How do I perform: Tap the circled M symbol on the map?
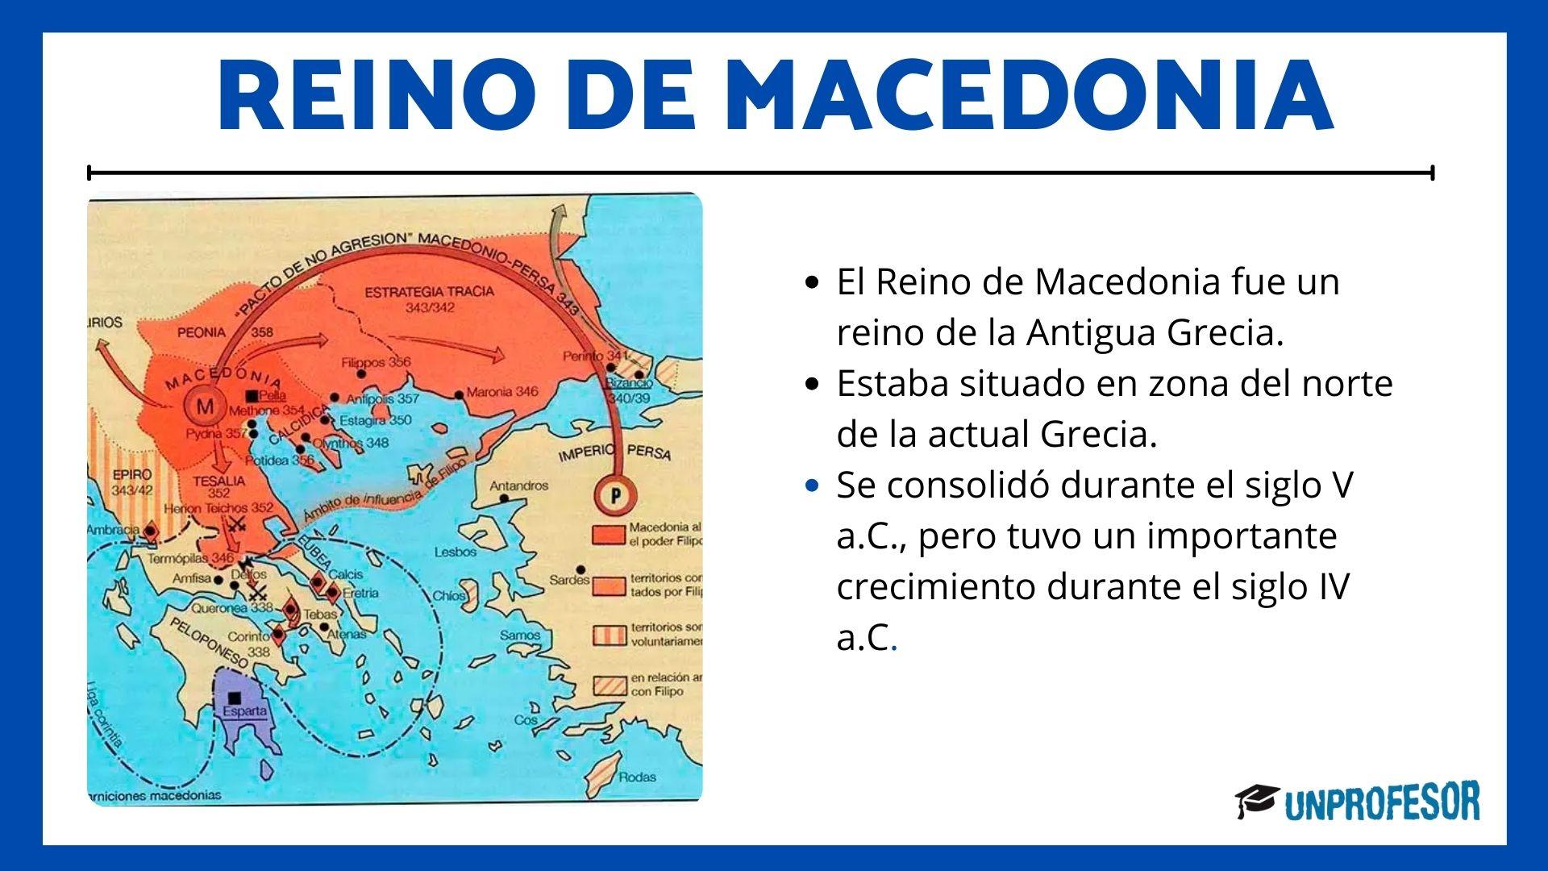(205, 406)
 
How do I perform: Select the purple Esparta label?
(244, 712)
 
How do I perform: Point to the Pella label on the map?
(273, 397)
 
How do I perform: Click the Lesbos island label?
(456, 552)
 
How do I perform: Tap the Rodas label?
(637, 777)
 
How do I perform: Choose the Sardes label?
(570, 579)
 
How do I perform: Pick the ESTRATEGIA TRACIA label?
(429, 292)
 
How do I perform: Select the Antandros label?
(518, 486)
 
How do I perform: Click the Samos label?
(520, 636)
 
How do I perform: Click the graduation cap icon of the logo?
(1256, 801)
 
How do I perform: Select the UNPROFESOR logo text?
(1382, 802)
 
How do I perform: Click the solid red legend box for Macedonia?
(609, 535)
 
